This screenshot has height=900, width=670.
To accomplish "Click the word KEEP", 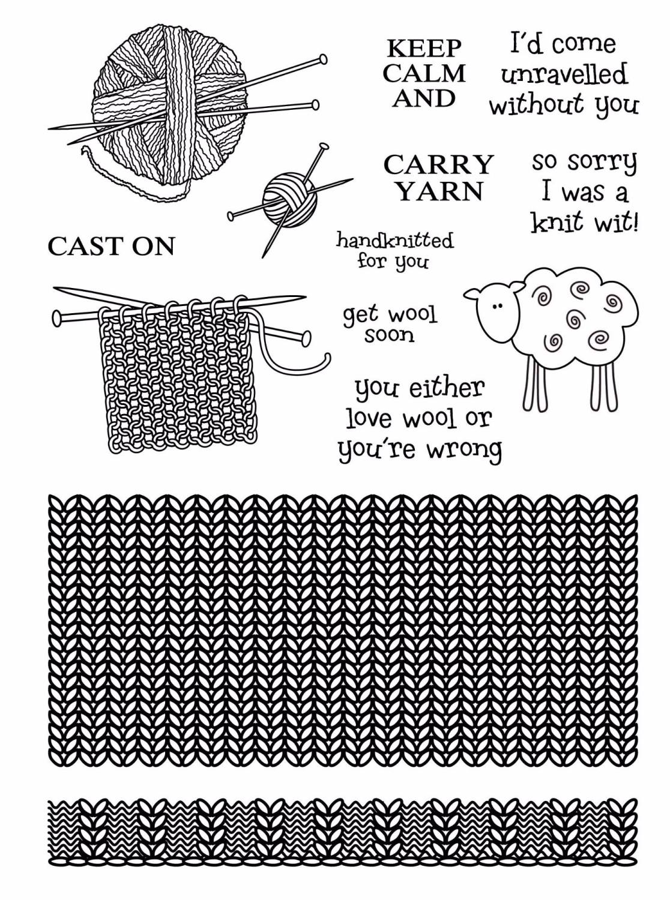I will pyautogui.click(x=424, y=47).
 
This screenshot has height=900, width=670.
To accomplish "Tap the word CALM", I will pyautogui.click(x=424, y=73).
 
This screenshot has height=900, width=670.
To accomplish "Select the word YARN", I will pyautogui.click(x=440, y=191).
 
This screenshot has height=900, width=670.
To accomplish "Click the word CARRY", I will pyautogui.click(x=438, y=164).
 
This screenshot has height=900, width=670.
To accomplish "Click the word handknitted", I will pyautogui.click(x=394, y=241).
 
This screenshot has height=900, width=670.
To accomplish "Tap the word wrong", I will pyautogui.click(x=463, y=449).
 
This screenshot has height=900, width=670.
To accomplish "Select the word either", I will pyautogui.click(x=445, y=389).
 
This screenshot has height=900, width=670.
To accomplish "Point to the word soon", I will pyautogui.click(x=390, y=335).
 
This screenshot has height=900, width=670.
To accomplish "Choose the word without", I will pyautogui.click(x=536, y=106).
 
